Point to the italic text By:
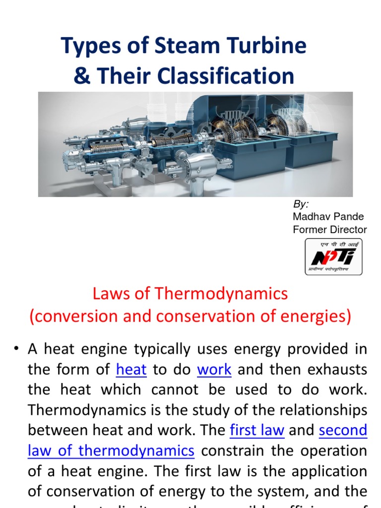click(x=300, y=204)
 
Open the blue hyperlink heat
click(x=131, y=370)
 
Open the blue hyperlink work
click(x=214, y=370)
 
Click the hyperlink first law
click(x=257, y=430)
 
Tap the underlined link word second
click(x=343, y=430)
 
